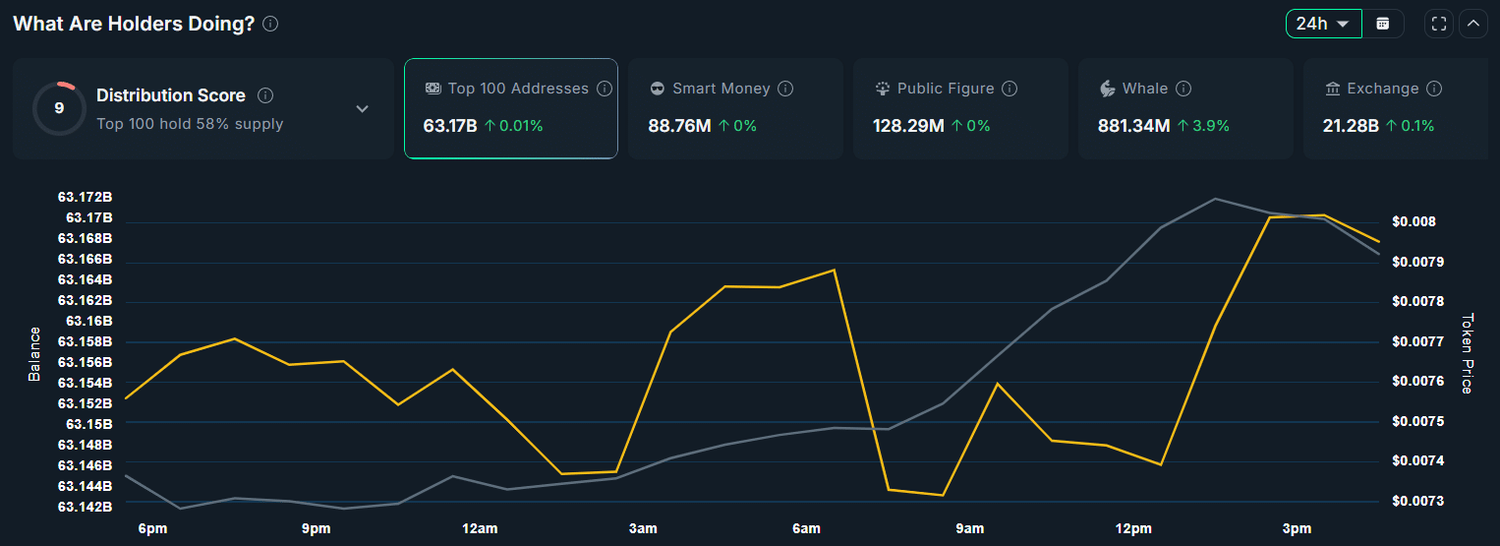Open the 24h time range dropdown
(1322, 24)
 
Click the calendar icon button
(1383, 24)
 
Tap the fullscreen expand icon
(1439, 24)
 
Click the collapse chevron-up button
(1472, 24)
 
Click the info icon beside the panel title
(270, 24)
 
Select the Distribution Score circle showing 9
(59, 108)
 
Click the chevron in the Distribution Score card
(362, 108)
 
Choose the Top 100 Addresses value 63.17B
(450, 126)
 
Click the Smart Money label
(721, 89)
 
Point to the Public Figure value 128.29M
(907, 126)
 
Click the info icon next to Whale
(1183, 89)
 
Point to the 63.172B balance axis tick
(85, 197)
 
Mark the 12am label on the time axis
(480, 529)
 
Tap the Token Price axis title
(1468, 353)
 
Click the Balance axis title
(34, 353)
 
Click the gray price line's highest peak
(1215, 199)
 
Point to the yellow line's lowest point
(943, 495)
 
